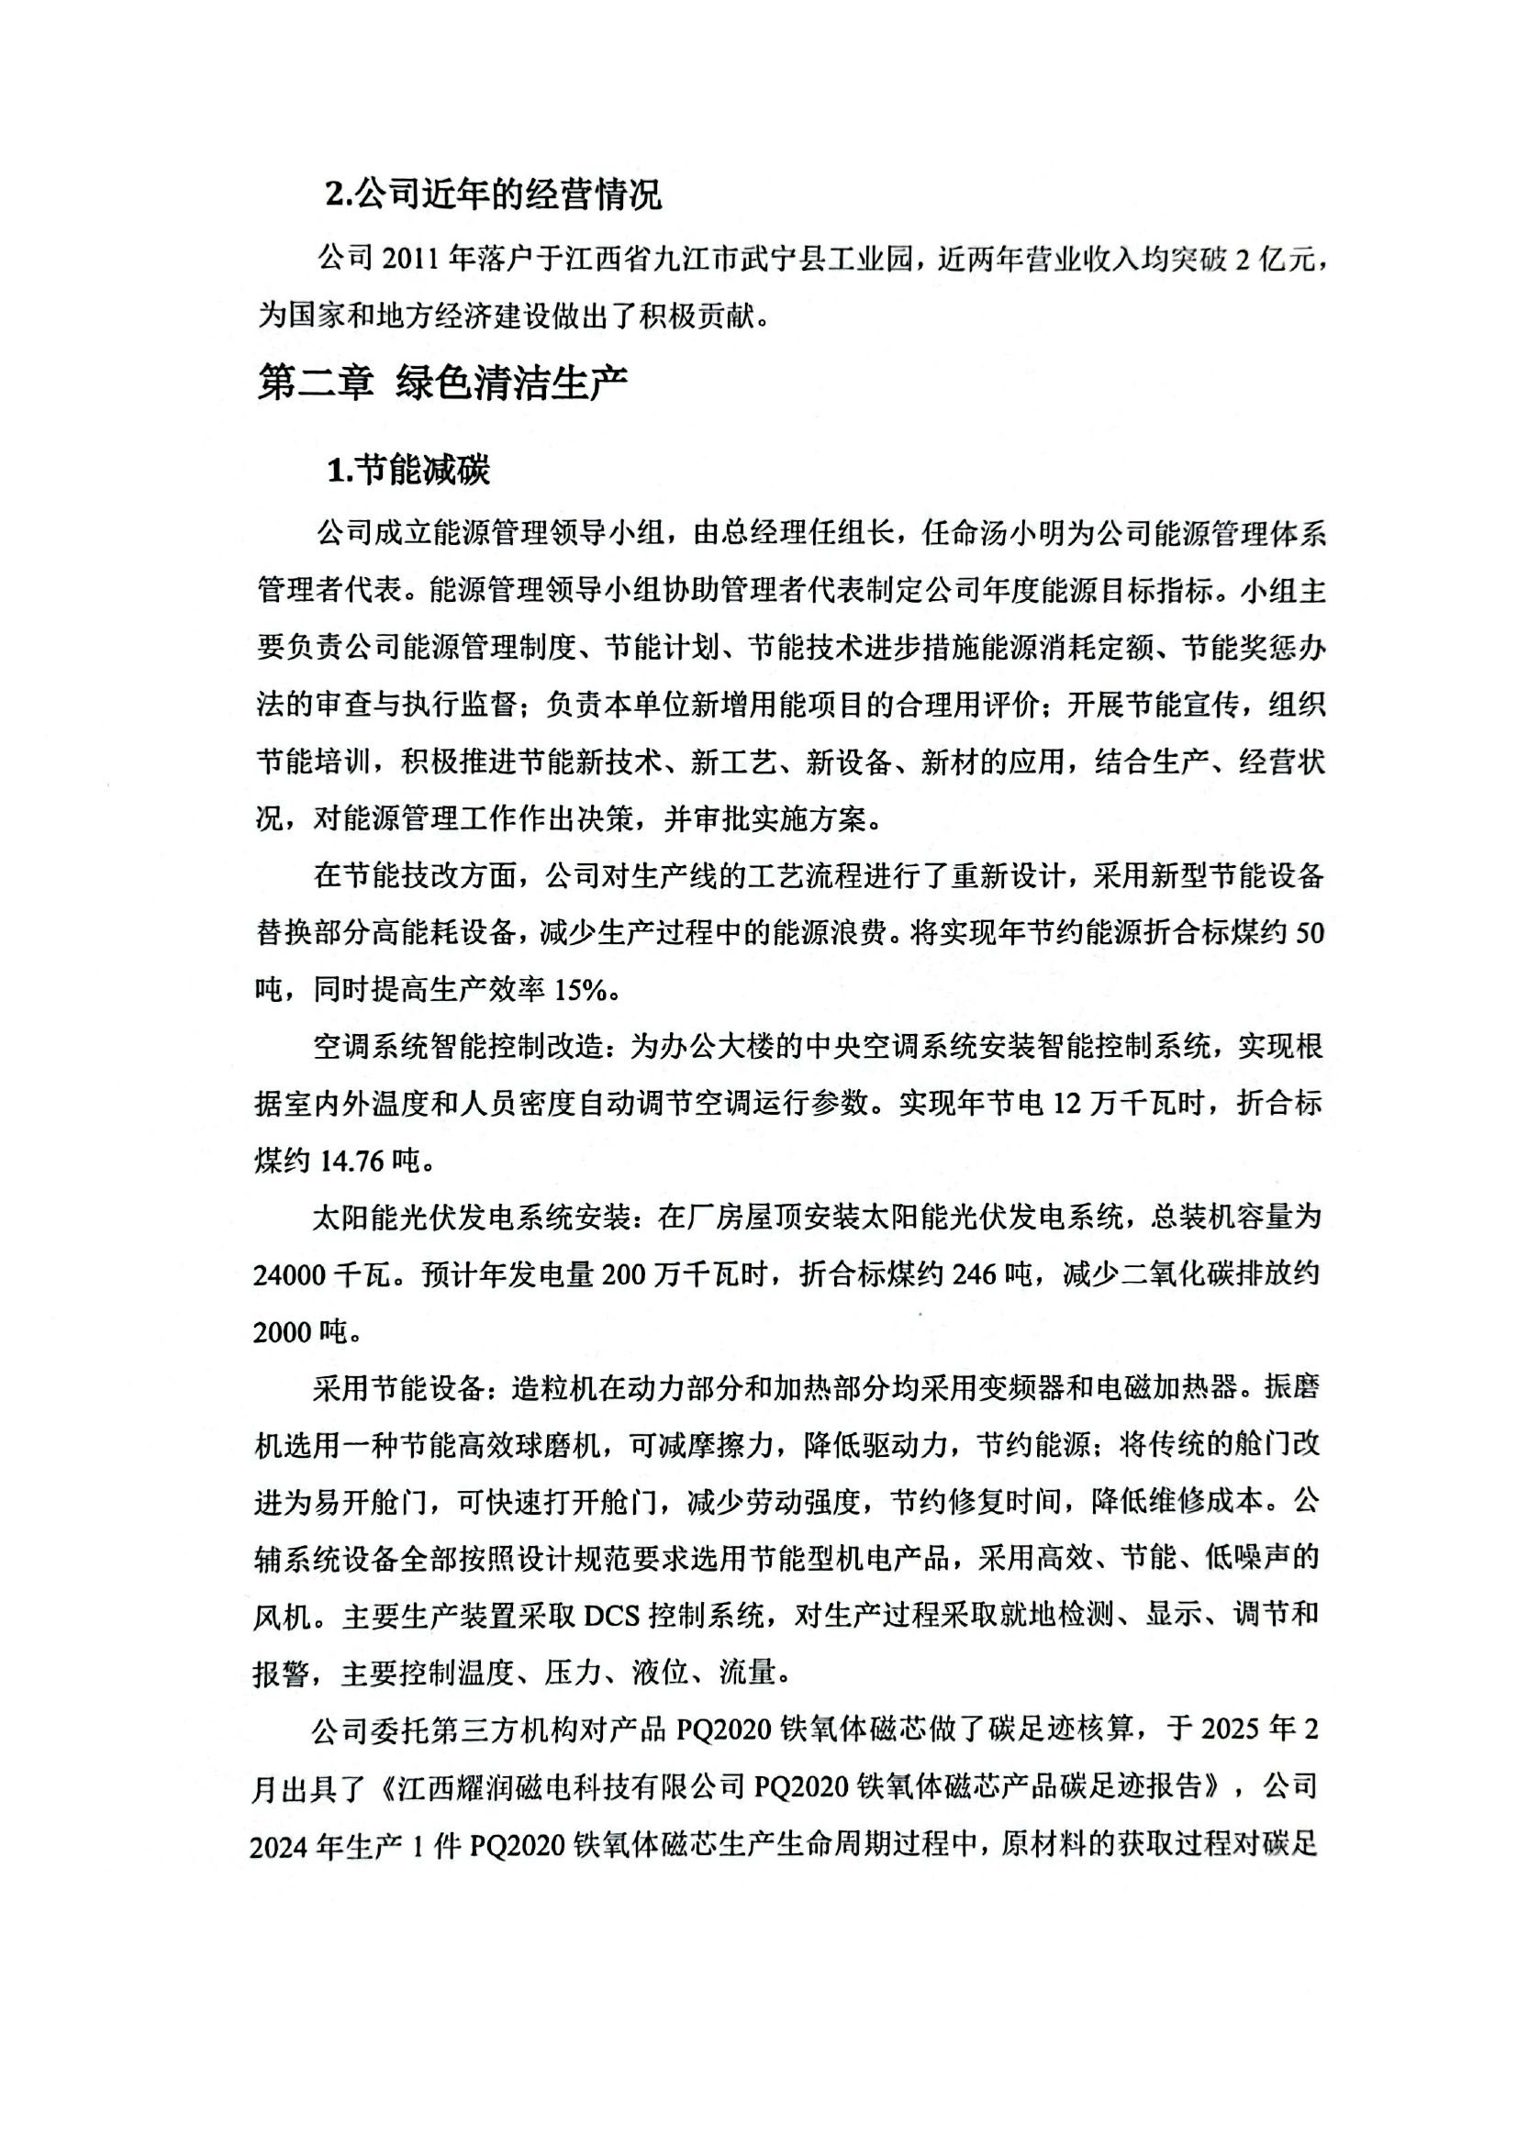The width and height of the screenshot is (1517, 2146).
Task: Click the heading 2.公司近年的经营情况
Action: (x=493, y=195)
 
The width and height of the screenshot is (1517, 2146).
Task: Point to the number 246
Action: (x=980, y=1275)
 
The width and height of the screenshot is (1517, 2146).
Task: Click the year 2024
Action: (x=280, y=1845)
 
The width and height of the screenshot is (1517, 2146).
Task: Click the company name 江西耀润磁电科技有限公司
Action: (x=571, y=1786)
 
